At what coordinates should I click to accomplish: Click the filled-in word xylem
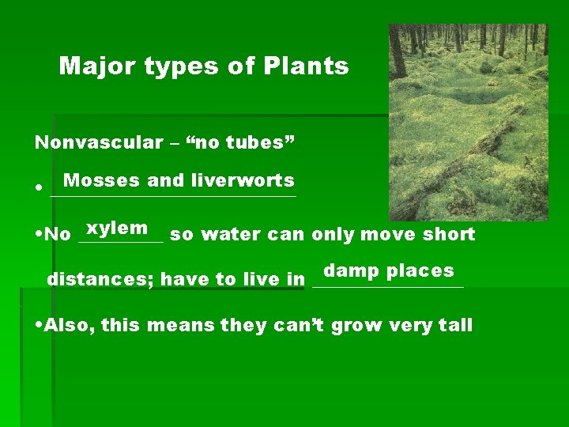point(118,229)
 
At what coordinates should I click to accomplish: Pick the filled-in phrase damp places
point(389,270)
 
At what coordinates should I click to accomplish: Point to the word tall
point(453,326)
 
